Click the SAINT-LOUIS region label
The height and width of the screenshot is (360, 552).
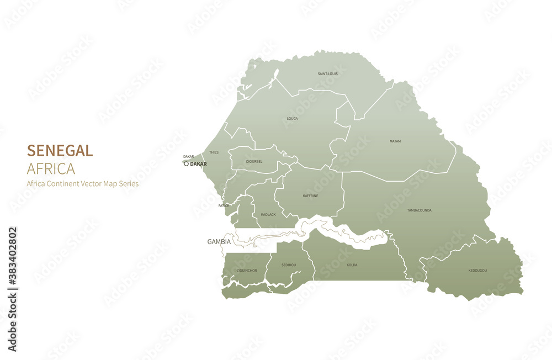point(328,73)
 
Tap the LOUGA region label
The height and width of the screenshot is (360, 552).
point(292,119)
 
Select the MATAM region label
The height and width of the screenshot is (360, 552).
point(395,141)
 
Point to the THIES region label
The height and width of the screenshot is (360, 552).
point(214,152)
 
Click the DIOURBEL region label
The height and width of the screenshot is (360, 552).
point(254,161)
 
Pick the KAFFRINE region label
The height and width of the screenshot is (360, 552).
point(310,195)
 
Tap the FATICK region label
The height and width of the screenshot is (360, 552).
point(224,205)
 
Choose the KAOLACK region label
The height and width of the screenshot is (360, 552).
point(268,214)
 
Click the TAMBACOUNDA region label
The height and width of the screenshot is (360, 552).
point(419,210)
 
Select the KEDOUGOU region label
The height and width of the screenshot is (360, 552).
point(477,270)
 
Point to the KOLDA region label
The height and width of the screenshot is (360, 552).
point(352,265)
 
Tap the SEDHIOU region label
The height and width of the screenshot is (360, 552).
point(289,265)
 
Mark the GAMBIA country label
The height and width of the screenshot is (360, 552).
point(219,242)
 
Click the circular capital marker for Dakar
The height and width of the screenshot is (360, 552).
point(186,164)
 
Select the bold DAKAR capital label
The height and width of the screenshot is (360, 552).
point(198,164)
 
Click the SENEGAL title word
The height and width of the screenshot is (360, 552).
point(60,150)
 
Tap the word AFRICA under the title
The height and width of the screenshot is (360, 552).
point(51,168)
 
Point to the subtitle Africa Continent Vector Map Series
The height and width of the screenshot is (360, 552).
point(83,184)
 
